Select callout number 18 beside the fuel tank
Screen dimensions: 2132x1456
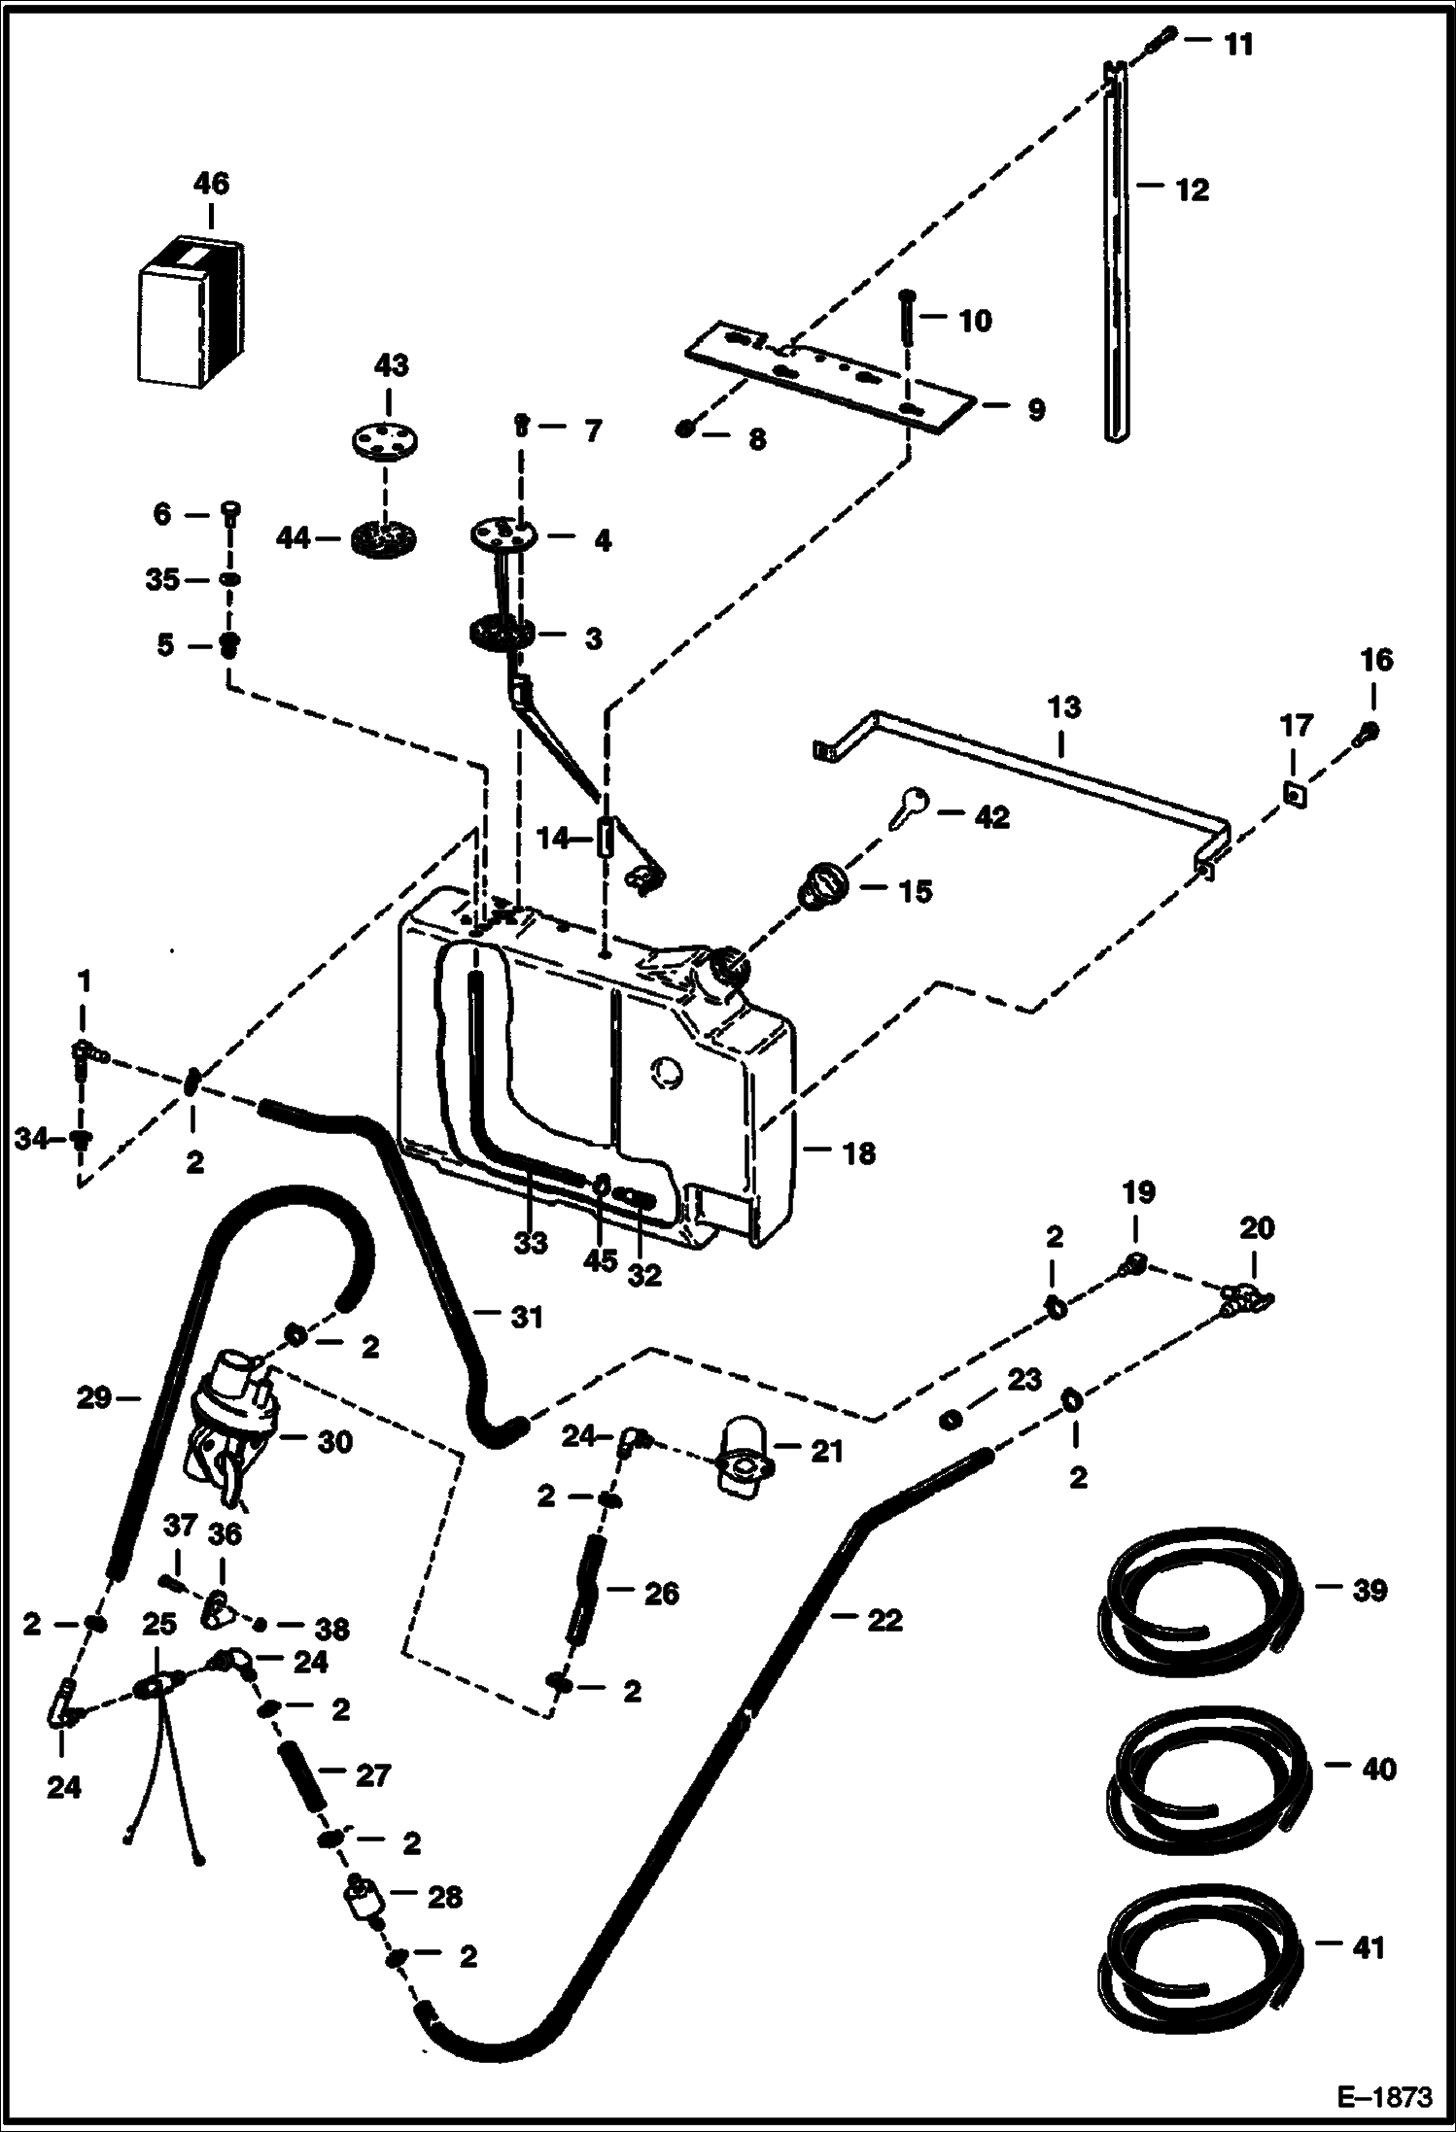click(859, 1153)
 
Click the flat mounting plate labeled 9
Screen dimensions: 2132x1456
click(826, 374)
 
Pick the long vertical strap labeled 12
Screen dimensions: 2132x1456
click(1117, 253)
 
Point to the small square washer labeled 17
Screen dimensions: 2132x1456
click(1296, 796)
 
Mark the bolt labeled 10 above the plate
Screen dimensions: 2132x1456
click(906, 318)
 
